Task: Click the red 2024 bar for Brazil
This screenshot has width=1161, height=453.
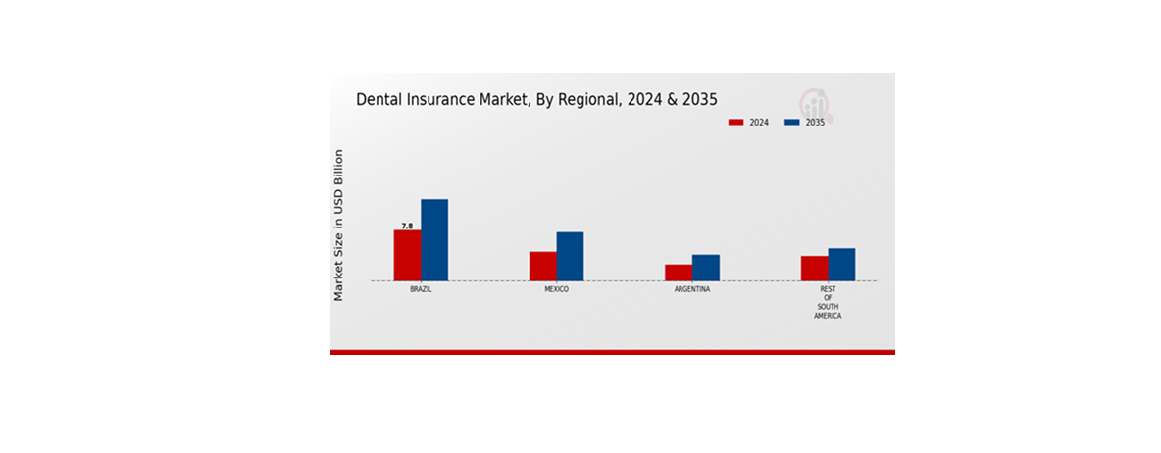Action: tap(407, 255)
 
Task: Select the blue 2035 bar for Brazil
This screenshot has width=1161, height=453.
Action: tap(434, 240)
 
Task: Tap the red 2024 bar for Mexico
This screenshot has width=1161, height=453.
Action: tap(542, 266)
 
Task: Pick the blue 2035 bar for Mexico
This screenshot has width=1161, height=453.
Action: tap(570, 256)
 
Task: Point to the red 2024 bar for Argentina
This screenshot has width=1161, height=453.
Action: tap(678, 273)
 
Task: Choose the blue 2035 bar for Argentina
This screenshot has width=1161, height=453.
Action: tap(705, 268)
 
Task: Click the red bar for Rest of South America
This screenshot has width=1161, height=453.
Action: tap(814, 268)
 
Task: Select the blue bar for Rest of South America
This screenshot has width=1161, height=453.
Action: tap(841, 264)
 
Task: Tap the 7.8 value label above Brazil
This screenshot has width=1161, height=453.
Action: tap(407, 226)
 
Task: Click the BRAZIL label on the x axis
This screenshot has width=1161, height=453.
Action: tap(421, 290)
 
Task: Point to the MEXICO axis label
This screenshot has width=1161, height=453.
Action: tap(556, 290)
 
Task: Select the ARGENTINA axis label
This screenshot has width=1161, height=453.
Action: tap(692, 290)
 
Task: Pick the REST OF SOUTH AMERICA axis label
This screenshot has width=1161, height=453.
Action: tap(828, 303)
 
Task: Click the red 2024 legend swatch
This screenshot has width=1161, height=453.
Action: tap(736, 123)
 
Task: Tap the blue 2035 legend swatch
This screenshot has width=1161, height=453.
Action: tap(793, 123)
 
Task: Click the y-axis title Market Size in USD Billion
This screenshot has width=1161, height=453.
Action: tap(339, 225)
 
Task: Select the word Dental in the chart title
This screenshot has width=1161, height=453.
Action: tap(378, 99)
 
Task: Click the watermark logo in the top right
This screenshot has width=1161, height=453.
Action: tap(813, 101)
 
